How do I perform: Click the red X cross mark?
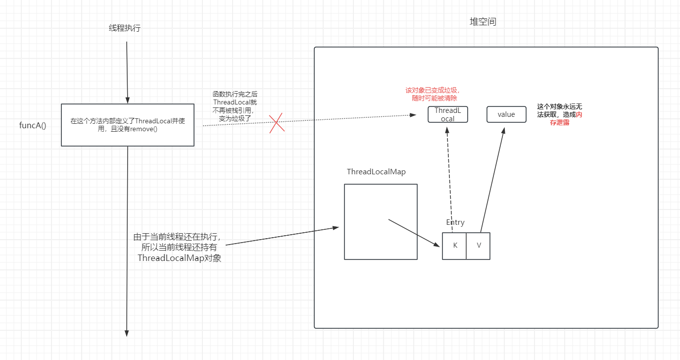coord(277,123)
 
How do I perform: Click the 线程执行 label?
coord(125,28)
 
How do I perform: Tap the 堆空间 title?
coord(483,22)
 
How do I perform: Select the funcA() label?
coord(33,125)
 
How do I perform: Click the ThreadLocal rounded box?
coord(448,114)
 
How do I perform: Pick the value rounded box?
coord(506,114)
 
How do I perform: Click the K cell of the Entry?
coord(455,246)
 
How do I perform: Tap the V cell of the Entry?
coord(479,246)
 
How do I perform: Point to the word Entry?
coord(455,222)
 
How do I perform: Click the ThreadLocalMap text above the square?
coord(376,172)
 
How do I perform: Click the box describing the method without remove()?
coord(128,125)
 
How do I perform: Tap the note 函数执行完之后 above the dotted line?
coord(235,94)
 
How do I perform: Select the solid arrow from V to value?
coord(493,178)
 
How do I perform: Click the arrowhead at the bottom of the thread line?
coord(127,333)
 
